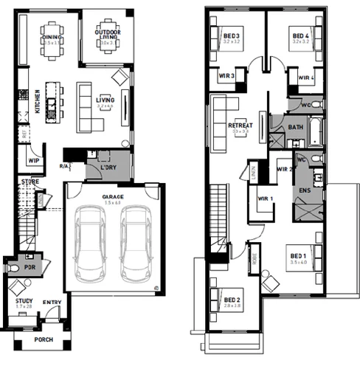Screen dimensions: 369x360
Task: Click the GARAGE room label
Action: (113, 197)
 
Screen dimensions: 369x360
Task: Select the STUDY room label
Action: (24, 301)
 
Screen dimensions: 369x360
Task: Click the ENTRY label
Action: (52, 301)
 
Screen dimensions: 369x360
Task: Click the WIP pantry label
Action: (33, 159)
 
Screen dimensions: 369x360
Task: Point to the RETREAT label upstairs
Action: (240, 125)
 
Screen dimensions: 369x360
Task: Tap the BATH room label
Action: (295, 127)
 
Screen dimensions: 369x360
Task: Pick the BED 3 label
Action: (231, 35)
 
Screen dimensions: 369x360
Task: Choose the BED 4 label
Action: (300, 35)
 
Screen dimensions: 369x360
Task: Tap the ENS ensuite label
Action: (302, 191)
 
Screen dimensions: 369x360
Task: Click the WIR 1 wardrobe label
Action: (264, 198)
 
